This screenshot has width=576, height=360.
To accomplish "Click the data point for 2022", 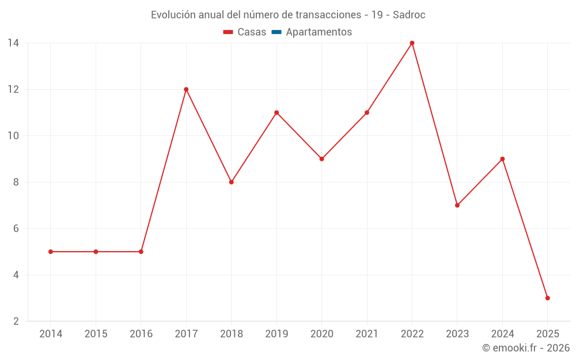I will click(x=412, y=43).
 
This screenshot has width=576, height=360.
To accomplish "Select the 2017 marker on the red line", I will click(x=186, y=89).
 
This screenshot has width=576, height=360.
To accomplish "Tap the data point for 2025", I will click(x=547, y=298).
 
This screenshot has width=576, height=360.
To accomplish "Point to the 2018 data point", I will click(x=231, y=182).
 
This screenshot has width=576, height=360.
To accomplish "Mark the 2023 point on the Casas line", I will click(x=457, y=205).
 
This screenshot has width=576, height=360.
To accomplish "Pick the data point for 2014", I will click(x=51, y=252).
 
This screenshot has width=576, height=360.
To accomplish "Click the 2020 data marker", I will click(x=321, y=159).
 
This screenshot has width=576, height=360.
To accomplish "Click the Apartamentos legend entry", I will click(x=319, y=32).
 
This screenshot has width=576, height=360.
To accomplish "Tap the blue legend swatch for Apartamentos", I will click(x=276, y=32).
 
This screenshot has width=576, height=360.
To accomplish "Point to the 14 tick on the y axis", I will click(x=13, y=43).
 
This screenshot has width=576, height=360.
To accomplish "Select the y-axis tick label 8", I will click(x=16, y=182).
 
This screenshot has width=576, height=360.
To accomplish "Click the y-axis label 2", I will click(x=16, y=321).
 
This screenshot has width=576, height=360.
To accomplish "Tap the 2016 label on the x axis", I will click(x=141, y=334).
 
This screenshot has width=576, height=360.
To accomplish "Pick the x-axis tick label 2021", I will click(x=367, y=334).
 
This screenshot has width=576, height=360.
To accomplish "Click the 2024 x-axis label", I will click(x=502, y=334).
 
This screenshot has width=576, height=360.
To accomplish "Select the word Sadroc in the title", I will click(x=409, y=15).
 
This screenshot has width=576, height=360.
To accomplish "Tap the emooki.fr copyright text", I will click(x=525, y=348).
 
